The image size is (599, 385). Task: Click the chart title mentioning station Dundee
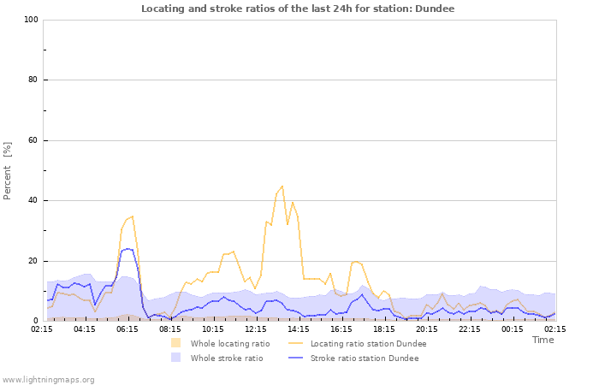coord(298,9)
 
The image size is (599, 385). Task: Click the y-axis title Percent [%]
coord(9,170)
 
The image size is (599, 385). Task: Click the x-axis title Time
coord(543,340)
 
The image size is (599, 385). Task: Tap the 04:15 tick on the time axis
coord(85,329)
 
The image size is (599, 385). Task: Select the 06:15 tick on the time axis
coord(128,329)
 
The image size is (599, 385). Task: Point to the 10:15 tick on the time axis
coord(213,329)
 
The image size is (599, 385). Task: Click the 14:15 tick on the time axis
coord(299,329)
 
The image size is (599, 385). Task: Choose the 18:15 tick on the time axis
coord(384,329)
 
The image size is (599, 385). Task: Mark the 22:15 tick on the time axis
coord(470,329)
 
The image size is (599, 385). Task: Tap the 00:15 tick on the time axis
coord(513,329)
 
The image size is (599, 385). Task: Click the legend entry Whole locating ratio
coord(229,343)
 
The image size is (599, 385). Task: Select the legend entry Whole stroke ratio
coord(226,358)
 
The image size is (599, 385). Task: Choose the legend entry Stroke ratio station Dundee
coord(365,358)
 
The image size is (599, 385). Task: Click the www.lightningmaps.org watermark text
coord(49,379)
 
